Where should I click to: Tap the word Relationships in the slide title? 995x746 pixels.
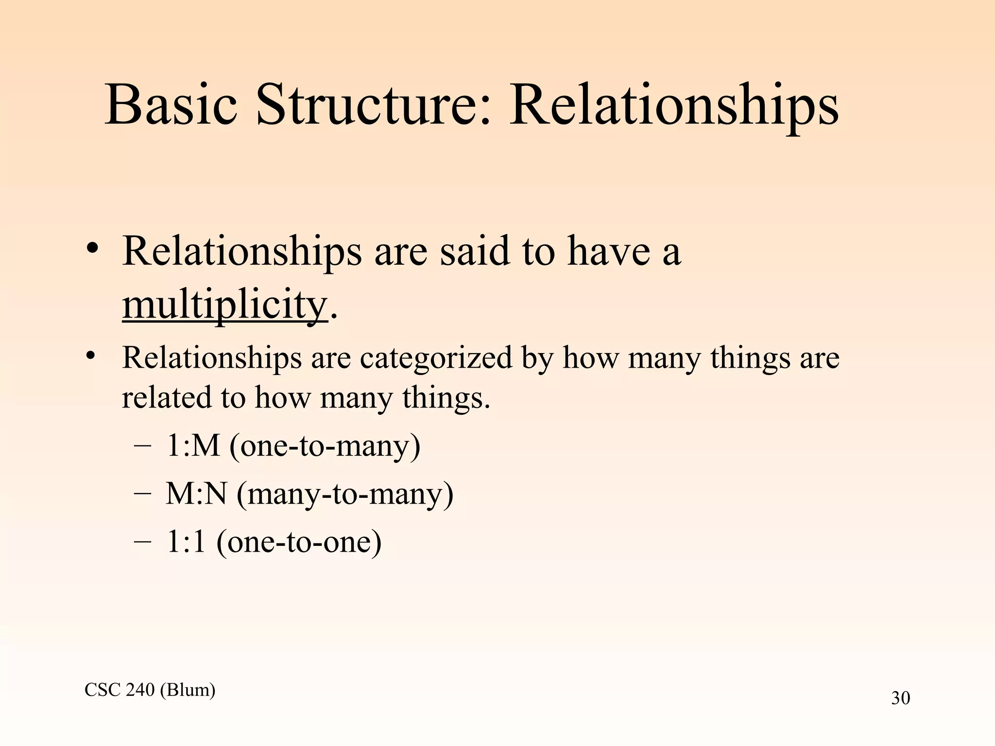pos(673,105)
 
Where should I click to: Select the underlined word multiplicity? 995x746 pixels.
pos(225,305)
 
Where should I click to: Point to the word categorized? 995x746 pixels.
pos(436,358)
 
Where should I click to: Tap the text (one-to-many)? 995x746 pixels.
pos(325,445)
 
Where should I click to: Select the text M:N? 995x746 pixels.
pos(196,494)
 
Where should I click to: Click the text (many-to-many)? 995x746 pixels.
pos(345,494)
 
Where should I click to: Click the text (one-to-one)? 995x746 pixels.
pos(299,542)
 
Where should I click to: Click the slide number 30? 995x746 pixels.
pos(900,698)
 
